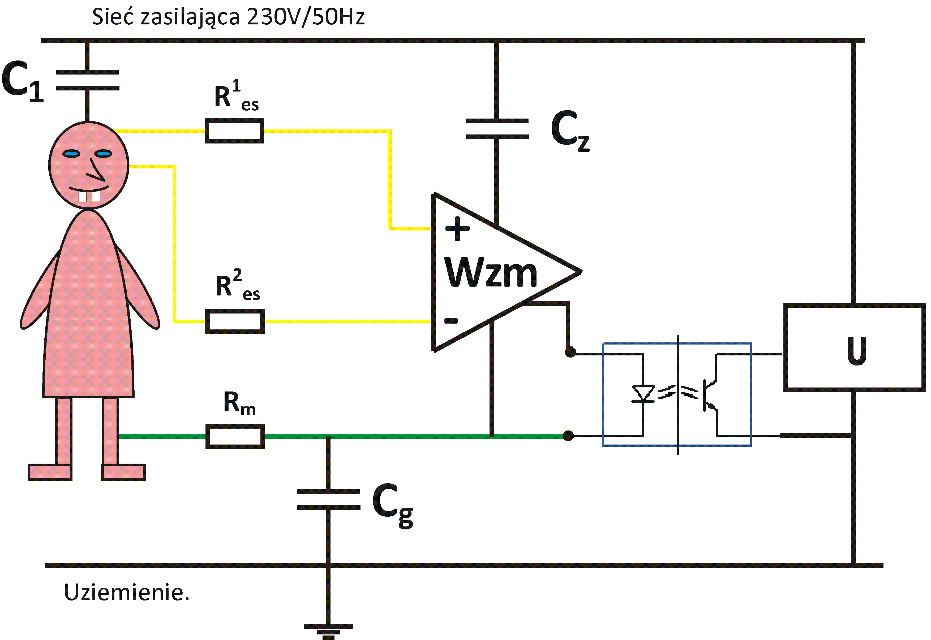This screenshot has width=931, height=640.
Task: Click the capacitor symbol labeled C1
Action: (x=88, y=80)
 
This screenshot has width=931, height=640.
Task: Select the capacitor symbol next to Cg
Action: (x=328, y=499)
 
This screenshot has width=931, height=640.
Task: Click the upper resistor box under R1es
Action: (x=234, y=131)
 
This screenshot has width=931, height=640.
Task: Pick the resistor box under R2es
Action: (x=235, y=321)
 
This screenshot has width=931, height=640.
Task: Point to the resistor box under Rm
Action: (x=235, y=436)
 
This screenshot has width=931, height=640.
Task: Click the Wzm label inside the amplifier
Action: (x=490, y=273)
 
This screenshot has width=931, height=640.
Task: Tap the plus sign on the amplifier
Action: (x=457, y=229)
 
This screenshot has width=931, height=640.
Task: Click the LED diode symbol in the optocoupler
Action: (x=643, y=393)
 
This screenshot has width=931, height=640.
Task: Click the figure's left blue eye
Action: (x=71, y=154)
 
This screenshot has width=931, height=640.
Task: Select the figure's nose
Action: (x=96, y=171)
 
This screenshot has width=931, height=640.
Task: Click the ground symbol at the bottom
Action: (x=328, y=630)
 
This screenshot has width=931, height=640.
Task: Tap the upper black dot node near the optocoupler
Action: (x=570, y=352)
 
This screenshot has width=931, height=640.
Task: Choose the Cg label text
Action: (x=392, y=504)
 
